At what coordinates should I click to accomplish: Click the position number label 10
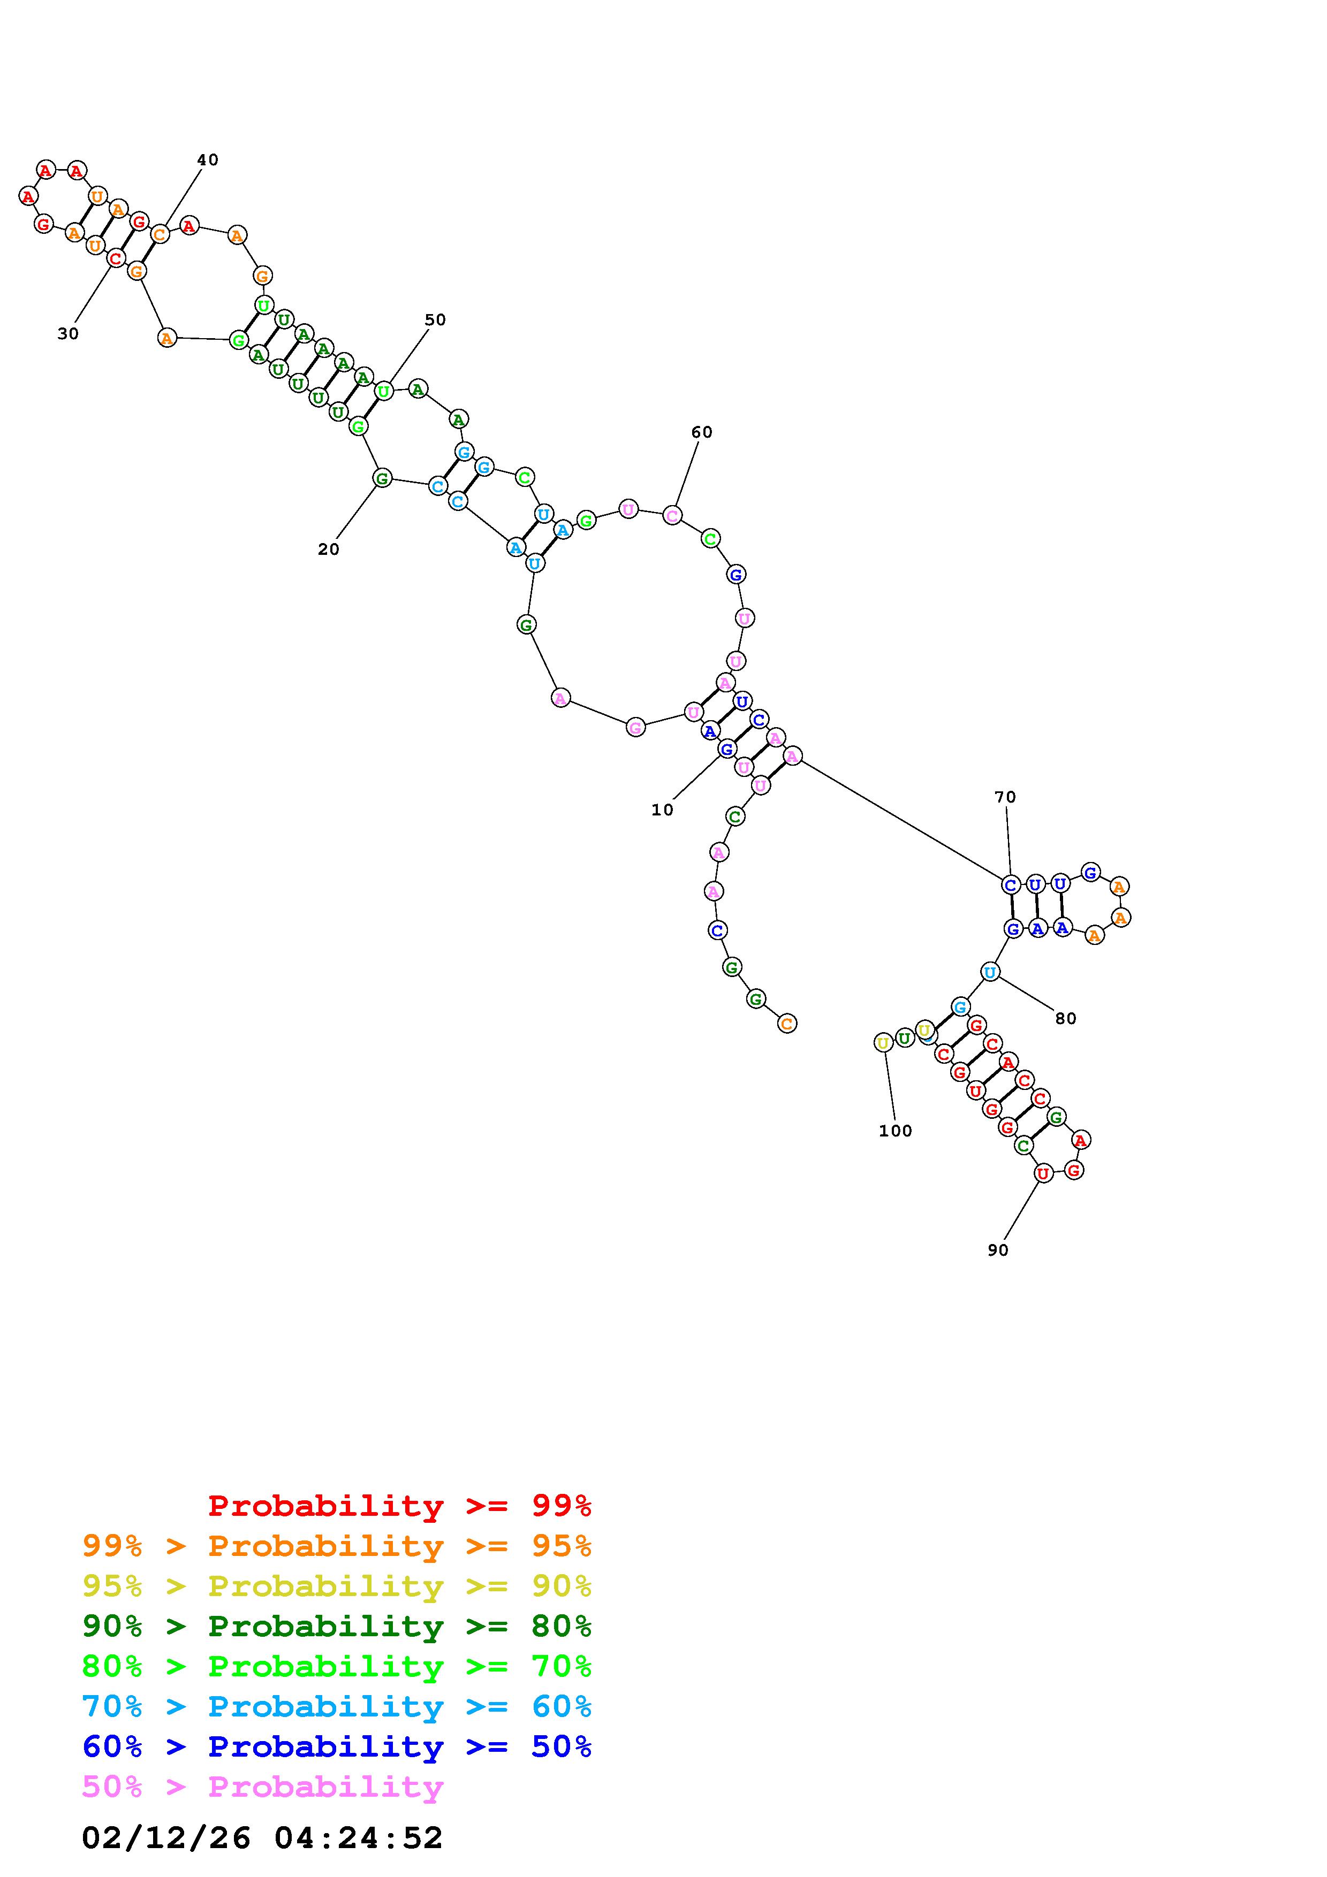coord(662,810)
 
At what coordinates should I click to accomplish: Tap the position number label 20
coord(329,550)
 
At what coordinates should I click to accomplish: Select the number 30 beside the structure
coord(68,333)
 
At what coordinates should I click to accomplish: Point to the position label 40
coord(208,159)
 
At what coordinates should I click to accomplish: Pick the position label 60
coord(702,432)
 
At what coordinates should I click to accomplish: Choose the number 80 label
coord(1065,1019)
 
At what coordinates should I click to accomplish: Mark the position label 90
coord(997,1250)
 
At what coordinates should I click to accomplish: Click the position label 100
coord(896,1131)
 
